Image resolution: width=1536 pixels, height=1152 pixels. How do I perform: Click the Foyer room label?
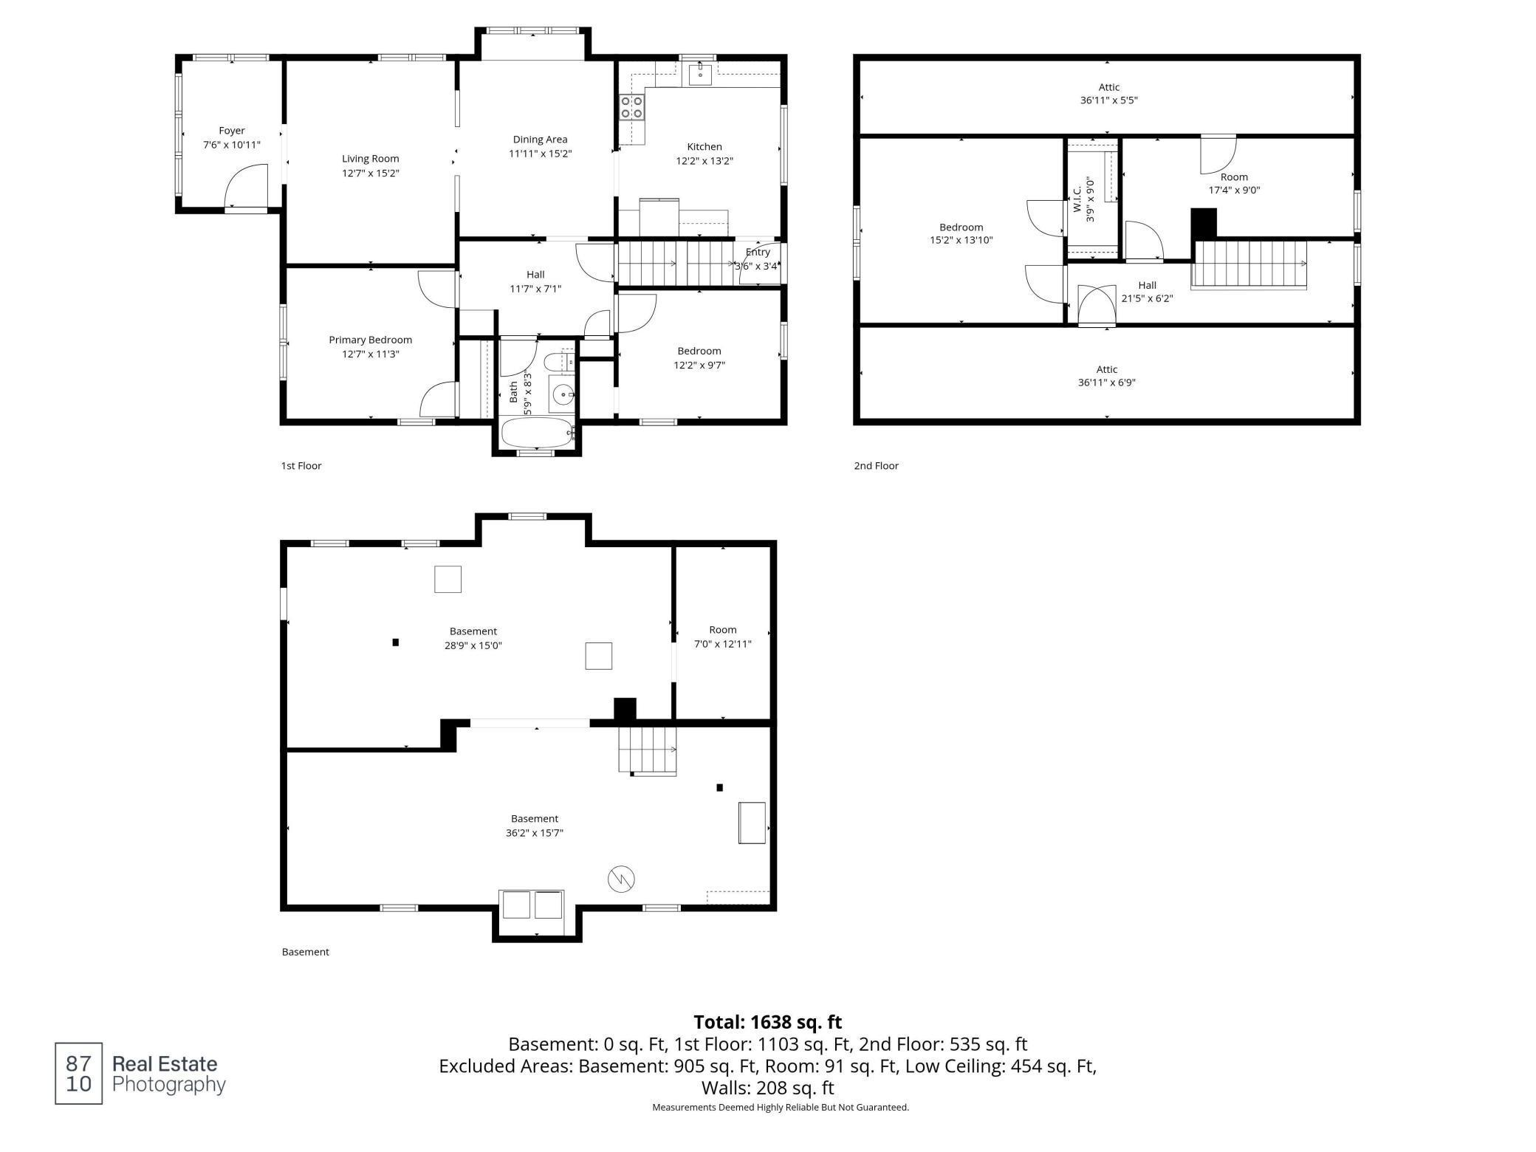[x=232, y=131]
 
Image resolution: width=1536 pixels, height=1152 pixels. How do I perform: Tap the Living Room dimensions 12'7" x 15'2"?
[x=371, y=173]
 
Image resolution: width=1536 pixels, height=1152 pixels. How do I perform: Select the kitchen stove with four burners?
[x=632, y=107]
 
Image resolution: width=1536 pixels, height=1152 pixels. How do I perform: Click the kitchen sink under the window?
[x=699, y=74]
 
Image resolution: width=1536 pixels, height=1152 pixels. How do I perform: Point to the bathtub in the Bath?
[x=538, y=433]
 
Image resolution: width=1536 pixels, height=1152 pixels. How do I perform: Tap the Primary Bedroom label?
[x=371, y=340]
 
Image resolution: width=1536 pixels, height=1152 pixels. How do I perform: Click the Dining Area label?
[x=541, y=140]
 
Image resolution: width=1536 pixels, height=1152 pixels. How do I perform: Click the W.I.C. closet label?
[x=1077, y=199]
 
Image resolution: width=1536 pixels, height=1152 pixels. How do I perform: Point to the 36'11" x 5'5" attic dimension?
[x=1109, y=100]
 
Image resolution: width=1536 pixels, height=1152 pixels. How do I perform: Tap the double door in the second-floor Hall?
[x=1097, y=306]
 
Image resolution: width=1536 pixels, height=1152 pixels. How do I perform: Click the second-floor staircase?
[x=1249, y=264]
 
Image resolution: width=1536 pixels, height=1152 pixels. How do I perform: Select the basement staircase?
[x=648, y=750]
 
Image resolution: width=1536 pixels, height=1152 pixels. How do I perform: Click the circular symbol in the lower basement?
[x=621, y=879]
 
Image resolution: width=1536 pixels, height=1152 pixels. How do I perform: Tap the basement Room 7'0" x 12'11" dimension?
[x=723, y=644]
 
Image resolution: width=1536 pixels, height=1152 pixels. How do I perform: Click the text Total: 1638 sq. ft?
[x=768, y=1022]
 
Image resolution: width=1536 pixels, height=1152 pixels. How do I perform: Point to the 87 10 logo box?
[x=78, y=1073]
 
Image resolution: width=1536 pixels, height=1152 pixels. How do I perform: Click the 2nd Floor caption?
[x=877, y=466]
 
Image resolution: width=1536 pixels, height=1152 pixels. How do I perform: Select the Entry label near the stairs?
[x=758, y=253]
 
